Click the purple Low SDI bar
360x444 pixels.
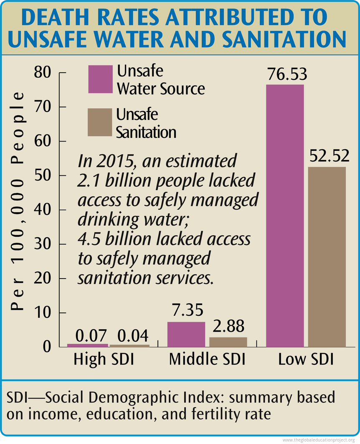tap(285, 215)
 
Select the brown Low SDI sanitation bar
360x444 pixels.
tap(327, 256)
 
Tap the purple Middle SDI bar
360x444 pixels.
tap(186, 334)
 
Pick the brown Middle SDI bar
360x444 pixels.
tap(228, 342)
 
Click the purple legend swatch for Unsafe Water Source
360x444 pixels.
tap(100, 79)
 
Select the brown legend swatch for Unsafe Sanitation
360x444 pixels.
tap(100, 122)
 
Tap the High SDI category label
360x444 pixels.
tap(104, 360)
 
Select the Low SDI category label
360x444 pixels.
tap(306, 360)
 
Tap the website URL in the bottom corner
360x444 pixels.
tap(320, 440)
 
